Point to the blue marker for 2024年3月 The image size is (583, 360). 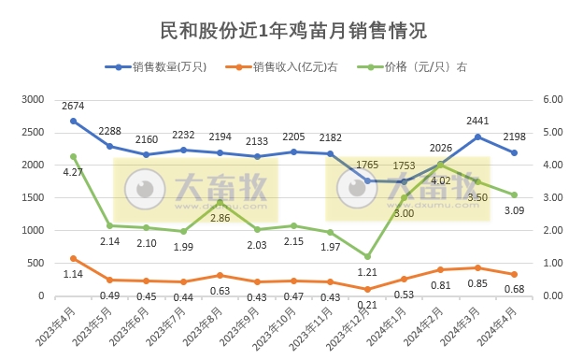pyautogui.click(x=477, y=137)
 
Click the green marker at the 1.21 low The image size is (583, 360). pyautogui.click(x=368, y=256)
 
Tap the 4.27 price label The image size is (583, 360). pyautogui.click(x=73, y=172)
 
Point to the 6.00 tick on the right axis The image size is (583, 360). pyautogui.click(x=549, y=99)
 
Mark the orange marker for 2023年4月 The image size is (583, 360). pyautogui.click(x=73, y=258)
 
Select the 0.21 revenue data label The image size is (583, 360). pyautogui.click(x=368, y=305)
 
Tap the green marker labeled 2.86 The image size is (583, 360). pyautogui.click(x=220, y=202)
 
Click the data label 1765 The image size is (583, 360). pyautogui.click(x=368, y=166)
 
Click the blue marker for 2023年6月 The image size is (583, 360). pyautogui.click(x=147, y=154)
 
